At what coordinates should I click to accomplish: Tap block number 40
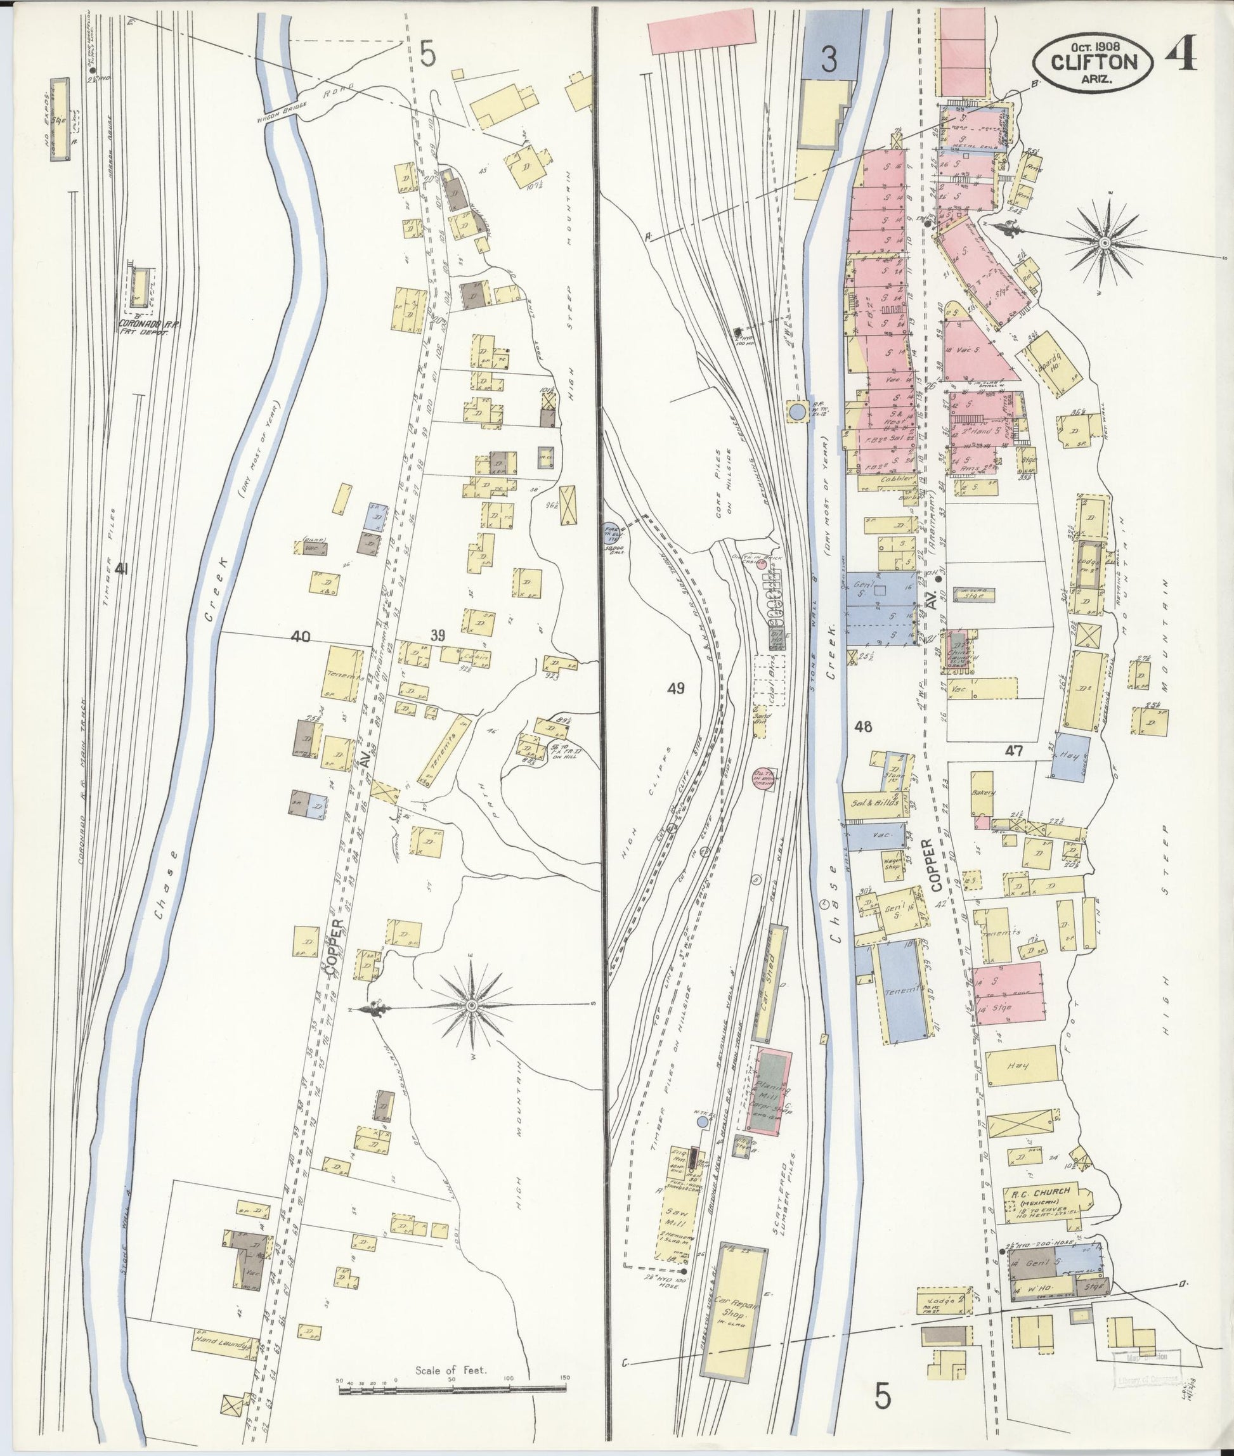(x=301, y=637)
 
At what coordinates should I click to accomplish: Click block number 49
(x=675, y=689)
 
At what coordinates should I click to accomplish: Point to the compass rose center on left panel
(x=472, y=1005)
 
